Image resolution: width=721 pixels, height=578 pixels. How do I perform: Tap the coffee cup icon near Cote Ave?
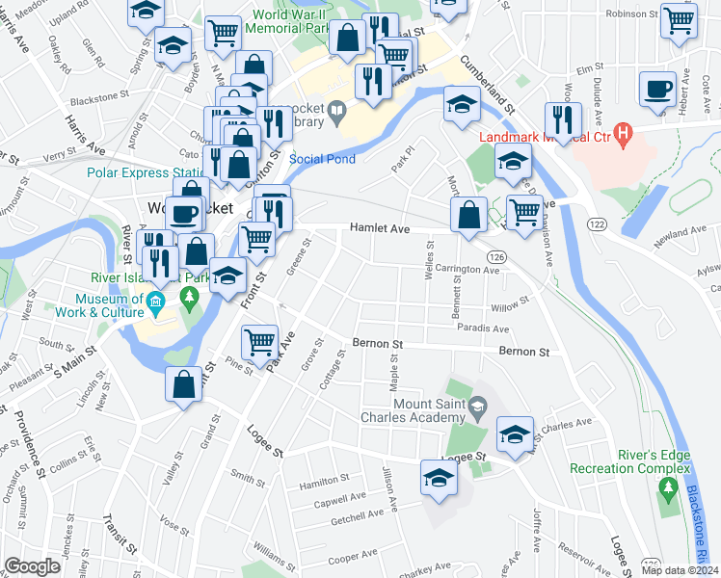pos(658,89)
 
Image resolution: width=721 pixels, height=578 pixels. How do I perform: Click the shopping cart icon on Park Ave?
pos(259,341)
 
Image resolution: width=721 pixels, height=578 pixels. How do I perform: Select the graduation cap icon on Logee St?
pos(440,477)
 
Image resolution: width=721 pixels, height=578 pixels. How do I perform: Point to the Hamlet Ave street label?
pos(380,228)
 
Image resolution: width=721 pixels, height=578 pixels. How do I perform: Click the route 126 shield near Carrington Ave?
pos(497,257)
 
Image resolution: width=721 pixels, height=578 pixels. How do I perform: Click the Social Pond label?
pos(322,159)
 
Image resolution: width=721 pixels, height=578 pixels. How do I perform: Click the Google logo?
pos(32,566)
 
